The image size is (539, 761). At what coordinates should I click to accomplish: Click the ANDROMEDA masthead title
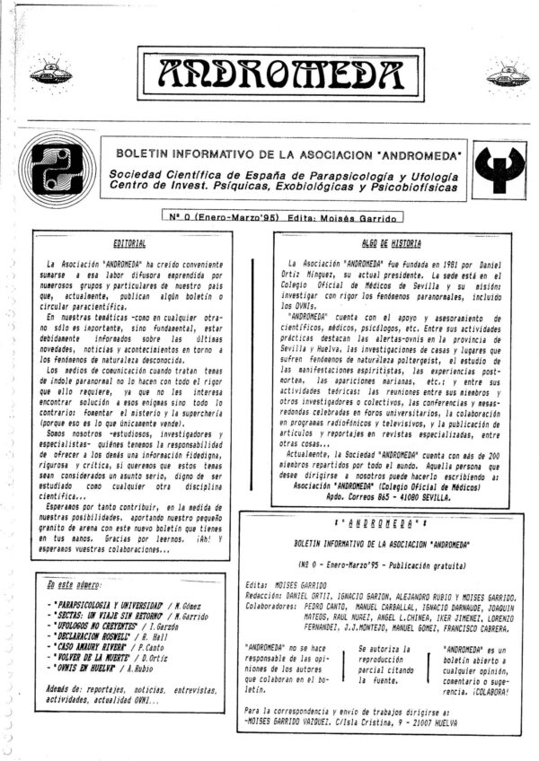[269, 74]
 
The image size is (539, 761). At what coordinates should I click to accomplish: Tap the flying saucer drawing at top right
[508, 75]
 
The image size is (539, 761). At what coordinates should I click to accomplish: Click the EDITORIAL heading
[131, 243]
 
